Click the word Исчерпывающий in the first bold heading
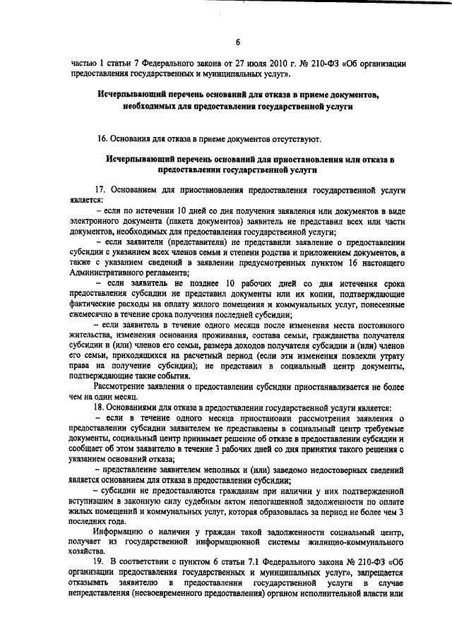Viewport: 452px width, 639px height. pos(132,94)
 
